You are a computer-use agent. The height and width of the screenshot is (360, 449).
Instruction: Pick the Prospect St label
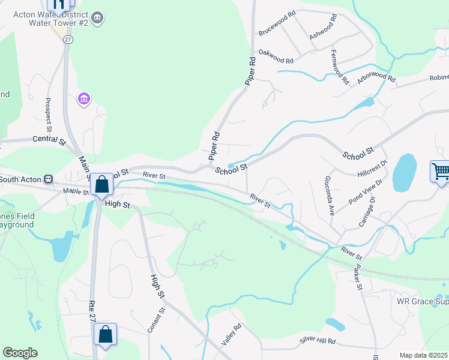[x=49, y=115]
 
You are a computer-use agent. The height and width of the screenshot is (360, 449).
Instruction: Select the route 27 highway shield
[x=68, y=38]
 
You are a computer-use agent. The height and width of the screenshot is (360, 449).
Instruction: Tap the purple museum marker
[x=84, y=98]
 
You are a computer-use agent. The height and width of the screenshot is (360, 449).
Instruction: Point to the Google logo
[x=20, y=352]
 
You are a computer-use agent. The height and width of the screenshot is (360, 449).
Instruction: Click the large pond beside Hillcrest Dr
[x=404, y=172]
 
